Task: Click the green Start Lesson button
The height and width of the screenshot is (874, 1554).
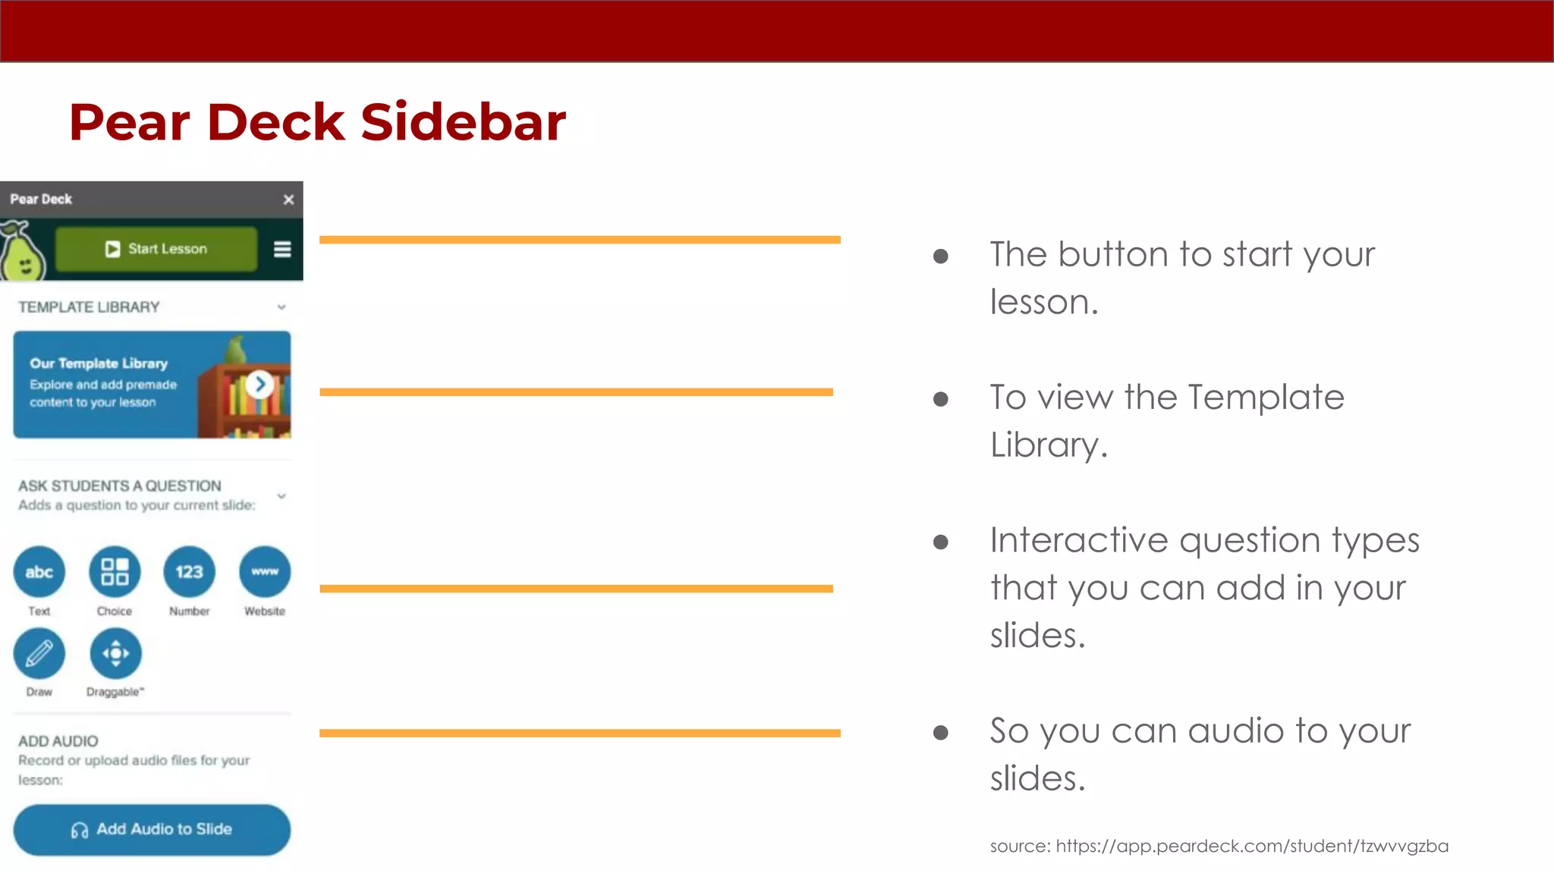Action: [156, 249]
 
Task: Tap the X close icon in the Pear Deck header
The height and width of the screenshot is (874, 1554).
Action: [288, 200]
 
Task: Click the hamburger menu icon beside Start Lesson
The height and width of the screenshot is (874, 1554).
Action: [282, 250]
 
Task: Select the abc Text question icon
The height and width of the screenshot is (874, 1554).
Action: [39, 572]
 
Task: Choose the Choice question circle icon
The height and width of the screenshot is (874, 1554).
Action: [115, 572]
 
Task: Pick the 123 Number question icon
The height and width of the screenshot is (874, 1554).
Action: [189, 572]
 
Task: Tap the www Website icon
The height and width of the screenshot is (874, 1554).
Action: [265, 572]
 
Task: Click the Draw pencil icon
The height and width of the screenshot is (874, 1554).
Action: [39, 653]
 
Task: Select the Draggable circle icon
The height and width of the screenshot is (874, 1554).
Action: [115, 653]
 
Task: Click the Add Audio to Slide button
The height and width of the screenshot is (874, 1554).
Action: [152, 829]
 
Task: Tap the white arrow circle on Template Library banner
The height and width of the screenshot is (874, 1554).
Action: [260, 385]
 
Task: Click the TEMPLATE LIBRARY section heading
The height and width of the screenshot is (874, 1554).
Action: [89, 307]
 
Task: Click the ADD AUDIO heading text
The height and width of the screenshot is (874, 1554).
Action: [58, 741]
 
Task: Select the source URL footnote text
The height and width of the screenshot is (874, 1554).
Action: [1219, 846]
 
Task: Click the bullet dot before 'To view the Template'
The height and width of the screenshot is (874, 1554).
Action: [941, 399]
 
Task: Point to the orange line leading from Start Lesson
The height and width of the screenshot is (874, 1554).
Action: [580, 240]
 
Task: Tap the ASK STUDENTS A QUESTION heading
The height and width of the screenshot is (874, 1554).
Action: [120, 486]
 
